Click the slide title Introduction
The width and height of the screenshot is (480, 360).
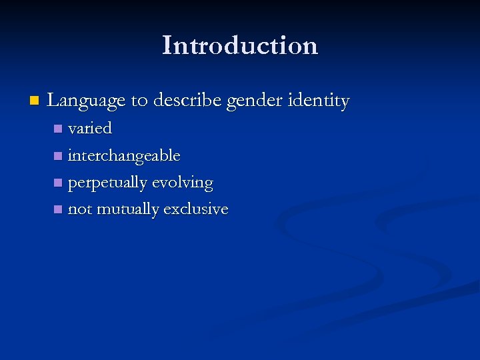(x=240, y=45)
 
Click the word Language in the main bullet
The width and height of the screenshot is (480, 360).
(x=87, y=101)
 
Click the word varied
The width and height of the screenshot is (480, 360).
(x=90, y=128)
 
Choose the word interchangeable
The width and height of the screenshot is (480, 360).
(x=124, y=156)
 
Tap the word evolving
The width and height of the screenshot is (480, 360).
(x=183, y=183)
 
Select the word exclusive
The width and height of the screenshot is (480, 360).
(x=196, y=209)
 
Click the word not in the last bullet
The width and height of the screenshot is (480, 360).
(x=79, y=210)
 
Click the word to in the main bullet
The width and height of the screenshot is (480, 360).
(x=139, y=101)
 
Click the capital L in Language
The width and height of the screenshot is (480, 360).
(x=53, y=101)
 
